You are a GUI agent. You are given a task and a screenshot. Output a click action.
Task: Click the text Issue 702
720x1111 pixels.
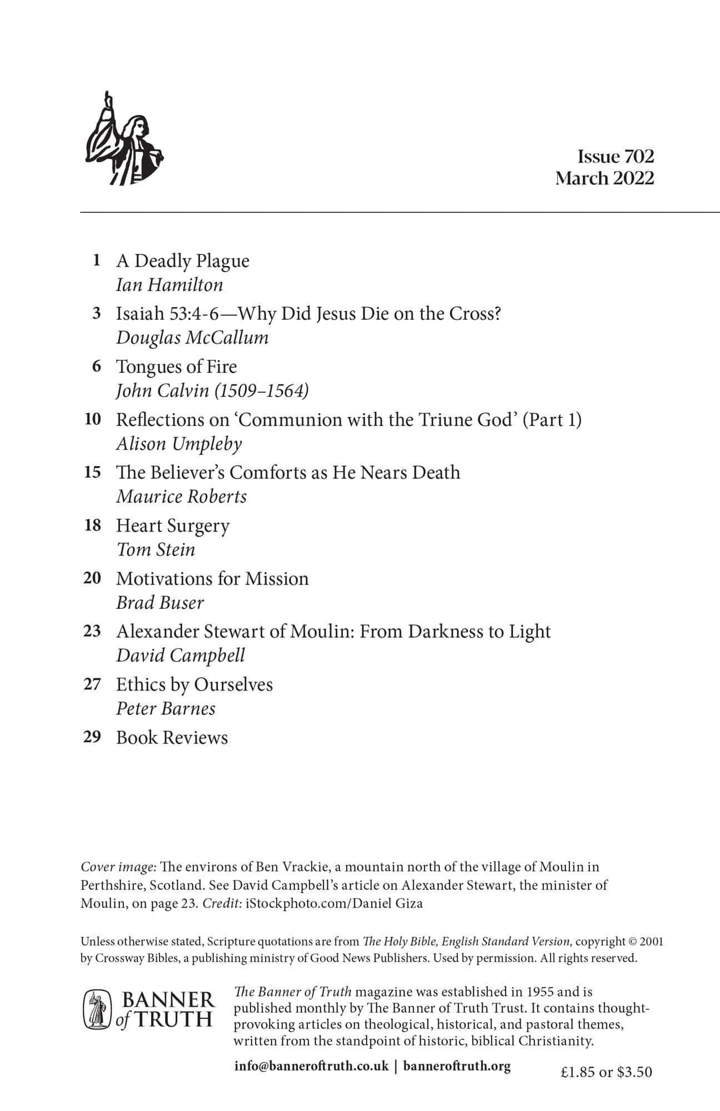(x=616, y=157)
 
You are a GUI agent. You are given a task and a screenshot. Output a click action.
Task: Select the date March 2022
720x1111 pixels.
(x=604, y=178)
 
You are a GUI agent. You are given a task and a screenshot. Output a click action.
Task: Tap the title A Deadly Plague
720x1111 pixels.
(x=182, y=261)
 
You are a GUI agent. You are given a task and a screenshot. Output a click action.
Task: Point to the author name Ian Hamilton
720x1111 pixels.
(x=169, y=285)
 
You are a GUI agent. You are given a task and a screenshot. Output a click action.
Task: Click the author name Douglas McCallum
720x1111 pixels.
(x=192, y=338)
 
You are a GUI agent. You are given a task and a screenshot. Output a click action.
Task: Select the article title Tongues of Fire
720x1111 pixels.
(x=176, y=367)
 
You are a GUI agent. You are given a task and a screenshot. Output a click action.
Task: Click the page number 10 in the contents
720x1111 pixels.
(x=93, y=419)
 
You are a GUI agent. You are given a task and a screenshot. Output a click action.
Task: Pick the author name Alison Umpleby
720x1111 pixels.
(x=179, y=444)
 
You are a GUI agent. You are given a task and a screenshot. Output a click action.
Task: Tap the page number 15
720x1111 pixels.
(x=93, y=472)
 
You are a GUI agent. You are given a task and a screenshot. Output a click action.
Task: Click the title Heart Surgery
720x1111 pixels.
(x=172, y=526)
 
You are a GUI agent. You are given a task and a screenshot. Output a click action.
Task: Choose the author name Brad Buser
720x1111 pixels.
(x=160, y=603)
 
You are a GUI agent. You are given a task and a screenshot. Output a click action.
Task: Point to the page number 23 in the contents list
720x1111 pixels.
(x=92, y=631)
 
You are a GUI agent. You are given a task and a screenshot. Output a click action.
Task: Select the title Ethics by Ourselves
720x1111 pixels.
(x=194, y=684)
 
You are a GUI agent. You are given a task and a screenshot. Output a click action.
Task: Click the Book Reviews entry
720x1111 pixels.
(x=172, y=738)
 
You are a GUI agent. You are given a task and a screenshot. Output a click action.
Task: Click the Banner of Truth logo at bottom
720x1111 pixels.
(x=148, y=1009)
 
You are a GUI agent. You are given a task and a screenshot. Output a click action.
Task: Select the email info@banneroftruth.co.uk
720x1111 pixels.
(x=311, y=1066)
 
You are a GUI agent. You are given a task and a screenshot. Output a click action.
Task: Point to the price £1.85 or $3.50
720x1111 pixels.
(x=606, y=1072)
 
